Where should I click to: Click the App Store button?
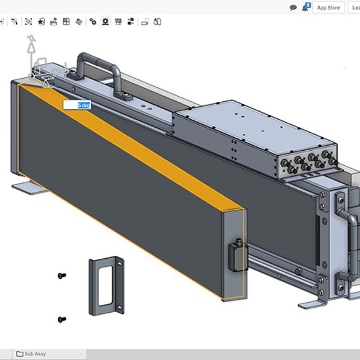coord(328,7)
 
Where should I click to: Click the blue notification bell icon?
coord(306,7)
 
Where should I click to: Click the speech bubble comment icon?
coord(293,8)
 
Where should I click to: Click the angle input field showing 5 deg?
coord(77,105)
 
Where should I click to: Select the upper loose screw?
coord(62,276)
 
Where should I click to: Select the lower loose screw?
coord(62,319)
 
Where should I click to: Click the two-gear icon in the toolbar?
coord(92,22)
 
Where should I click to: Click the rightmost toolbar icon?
coord(157,22)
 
